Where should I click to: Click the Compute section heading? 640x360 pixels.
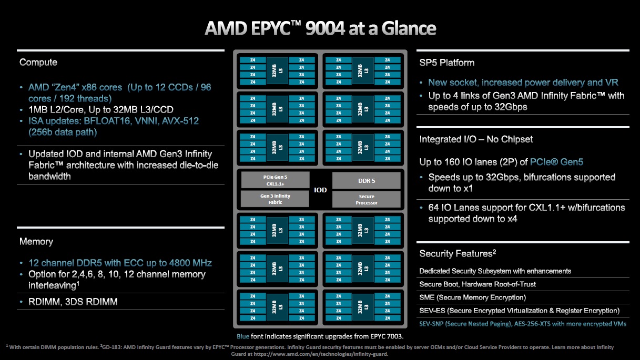pyautogui.click(x=38, y=63)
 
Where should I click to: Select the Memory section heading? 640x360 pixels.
pyautogui.click(x=36, y=242)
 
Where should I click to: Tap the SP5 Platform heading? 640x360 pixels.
pyautogui.click(x=447, y=63)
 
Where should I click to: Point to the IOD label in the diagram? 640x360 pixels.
pyautogui.click(x=320, y=190)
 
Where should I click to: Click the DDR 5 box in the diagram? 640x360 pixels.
pyautogui.click(x=366, y=181)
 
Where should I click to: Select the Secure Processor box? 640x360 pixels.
pyautogui.click(x=366, y=199)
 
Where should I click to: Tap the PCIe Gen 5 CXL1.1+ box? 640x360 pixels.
pyautogui.click(x=275, y=181)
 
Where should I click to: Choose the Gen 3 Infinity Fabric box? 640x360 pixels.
pyautogui.click(x=275, y=199)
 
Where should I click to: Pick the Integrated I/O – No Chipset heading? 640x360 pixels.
pyautogui.click(x=476, y=139)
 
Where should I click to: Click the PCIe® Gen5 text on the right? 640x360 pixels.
pyautogui.click(x=557, y=162)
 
